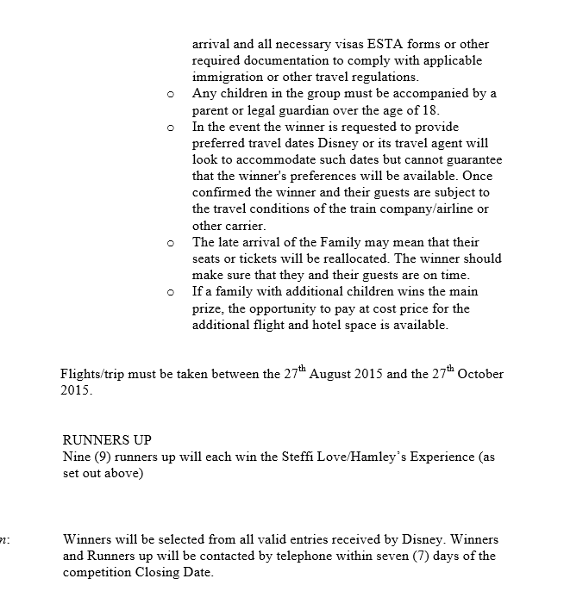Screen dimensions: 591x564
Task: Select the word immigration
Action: point(228,77)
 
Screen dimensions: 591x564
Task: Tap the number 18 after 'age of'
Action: point(430,110)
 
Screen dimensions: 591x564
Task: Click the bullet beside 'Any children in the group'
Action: point(170,95)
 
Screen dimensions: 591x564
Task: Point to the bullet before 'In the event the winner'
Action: point(170,128)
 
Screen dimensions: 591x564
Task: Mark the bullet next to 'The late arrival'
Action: point(170,244)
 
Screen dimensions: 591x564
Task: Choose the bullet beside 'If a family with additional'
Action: point(170,293)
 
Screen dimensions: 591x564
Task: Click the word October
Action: point(480,375)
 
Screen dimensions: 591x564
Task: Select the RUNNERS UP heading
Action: point(107,440)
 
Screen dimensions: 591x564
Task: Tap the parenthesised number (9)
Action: point(102,457)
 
